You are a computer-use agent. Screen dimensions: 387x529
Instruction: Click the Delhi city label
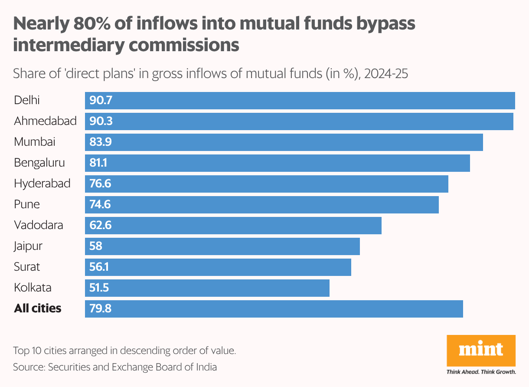click(27, 100)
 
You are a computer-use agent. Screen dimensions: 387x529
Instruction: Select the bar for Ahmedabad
click(299, 121)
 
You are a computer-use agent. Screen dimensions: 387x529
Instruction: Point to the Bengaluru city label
click(39, 163)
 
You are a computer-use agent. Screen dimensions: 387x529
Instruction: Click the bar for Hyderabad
click(267, 184)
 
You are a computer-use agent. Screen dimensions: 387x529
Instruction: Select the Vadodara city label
click(39, 225)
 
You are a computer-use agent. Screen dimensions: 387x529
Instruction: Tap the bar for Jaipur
click(222, 246)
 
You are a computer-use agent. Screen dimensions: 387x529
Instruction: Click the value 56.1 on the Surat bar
click(99, 267)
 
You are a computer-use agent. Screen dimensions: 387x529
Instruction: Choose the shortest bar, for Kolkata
click(207, 288)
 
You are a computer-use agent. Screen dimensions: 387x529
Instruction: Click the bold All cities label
click(38, 308)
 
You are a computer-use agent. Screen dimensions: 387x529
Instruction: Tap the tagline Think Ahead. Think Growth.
click(481, 372)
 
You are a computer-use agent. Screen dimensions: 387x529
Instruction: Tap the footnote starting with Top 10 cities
click(124, 351)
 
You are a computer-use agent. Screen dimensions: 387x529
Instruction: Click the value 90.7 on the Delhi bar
click(101, 100)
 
